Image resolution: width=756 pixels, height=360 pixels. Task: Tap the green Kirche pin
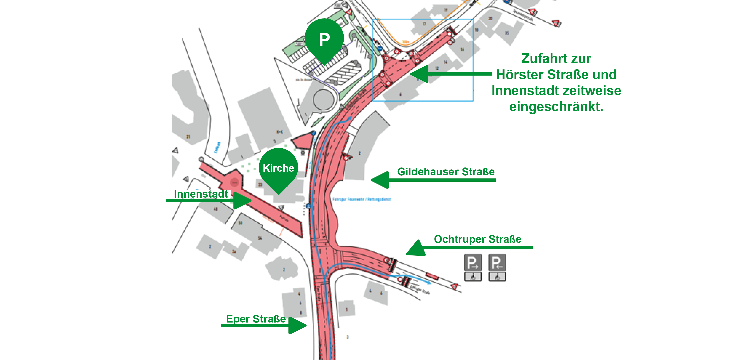[278, 168]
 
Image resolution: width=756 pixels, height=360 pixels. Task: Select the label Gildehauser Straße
[446, 172]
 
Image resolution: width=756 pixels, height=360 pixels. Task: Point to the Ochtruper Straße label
[478, 239]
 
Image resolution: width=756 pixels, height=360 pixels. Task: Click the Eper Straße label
[256, 319]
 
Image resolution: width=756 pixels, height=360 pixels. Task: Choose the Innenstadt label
[201, 194]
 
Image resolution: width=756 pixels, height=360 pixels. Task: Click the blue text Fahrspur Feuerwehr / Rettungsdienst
[362, 199]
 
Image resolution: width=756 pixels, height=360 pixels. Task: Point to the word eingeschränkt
[556, 107]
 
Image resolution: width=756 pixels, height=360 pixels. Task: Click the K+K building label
[280, 132]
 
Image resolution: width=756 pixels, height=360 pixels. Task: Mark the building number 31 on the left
[188, 137]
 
